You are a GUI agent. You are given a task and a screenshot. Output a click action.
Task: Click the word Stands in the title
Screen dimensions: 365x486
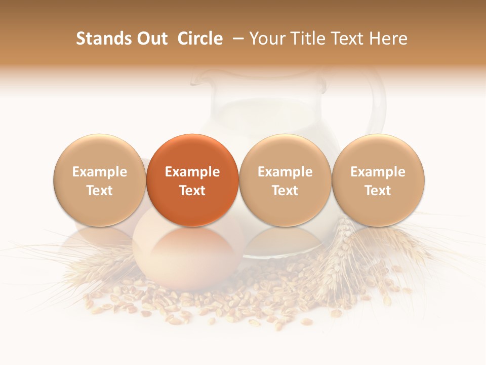[x=103, y=39]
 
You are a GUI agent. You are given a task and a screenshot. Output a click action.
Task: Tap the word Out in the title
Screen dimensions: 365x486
[x=150, y=39]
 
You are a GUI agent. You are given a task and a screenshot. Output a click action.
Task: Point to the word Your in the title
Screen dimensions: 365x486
[x=267, y=39]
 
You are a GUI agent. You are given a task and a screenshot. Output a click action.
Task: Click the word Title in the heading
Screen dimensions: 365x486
[x=305, y=39]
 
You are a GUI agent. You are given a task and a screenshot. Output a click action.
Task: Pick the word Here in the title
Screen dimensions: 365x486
[x=388, y=39]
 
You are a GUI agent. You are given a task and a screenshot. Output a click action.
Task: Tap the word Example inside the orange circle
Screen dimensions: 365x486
[x=192, y=172]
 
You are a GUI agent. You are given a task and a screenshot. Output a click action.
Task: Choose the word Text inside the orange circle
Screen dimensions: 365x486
[x=192, y=191]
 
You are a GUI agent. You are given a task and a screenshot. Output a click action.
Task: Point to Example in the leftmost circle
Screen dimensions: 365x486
[x=99, y=172]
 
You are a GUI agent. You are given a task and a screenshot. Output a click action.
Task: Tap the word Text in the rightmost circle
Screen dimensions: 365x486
[x=378, y=191]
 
